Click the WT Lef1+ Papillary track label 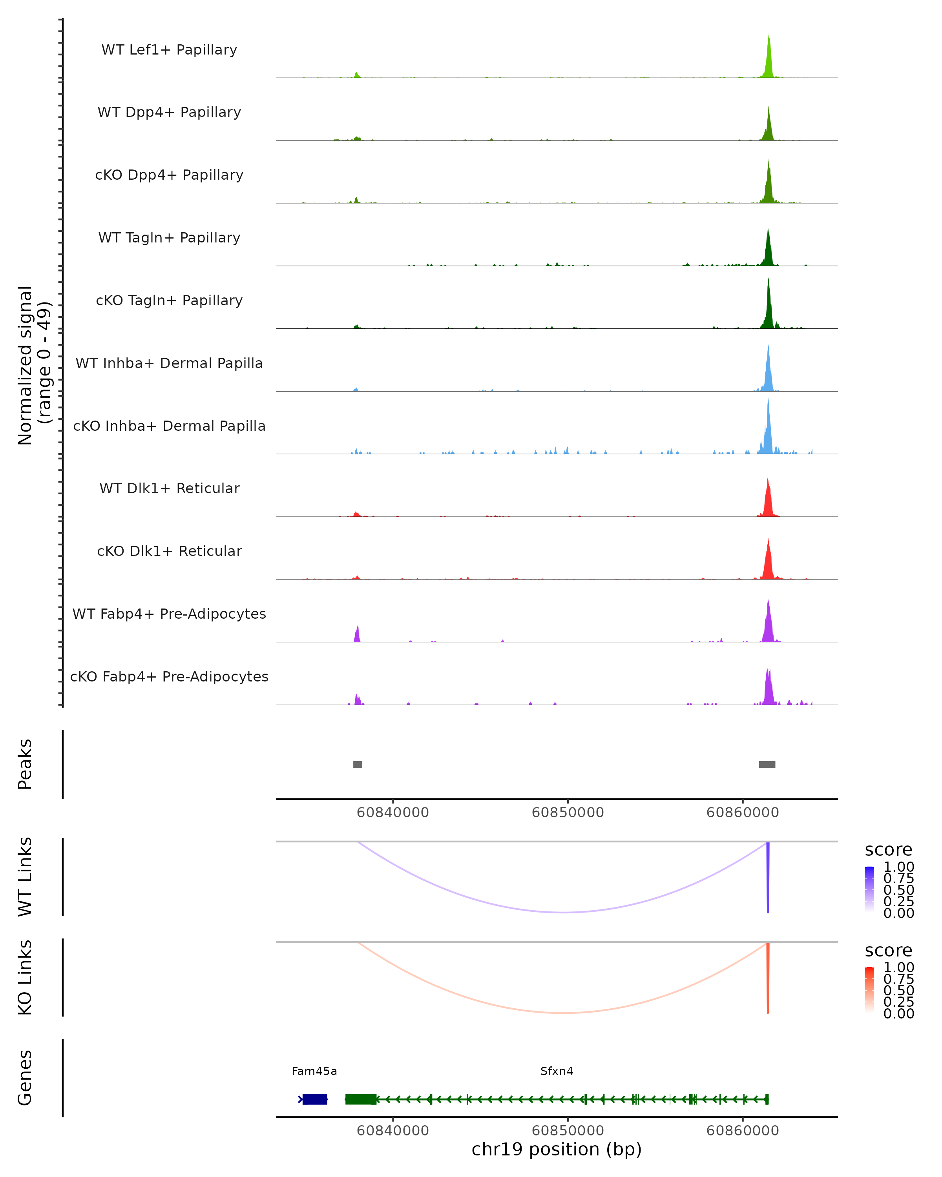(x=169, y=50)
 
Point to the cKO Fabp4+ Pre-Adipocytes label (x=169, y=676)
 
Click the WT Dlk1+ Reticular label (x=169, y=488)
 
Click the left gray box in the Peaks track (x=358, y=764)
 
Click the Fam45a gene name (x=314, y=1071)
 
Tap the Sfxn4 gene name (x=557, y=1071)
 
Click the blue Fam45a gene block (x=314, y=1099)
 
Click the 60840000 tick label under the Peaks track (x=392, y=813)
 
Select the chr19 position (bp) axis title (x=557, y=1150)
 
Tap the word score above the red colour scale (x=889, y=951)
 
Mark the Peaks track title (x=25, y=764)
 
